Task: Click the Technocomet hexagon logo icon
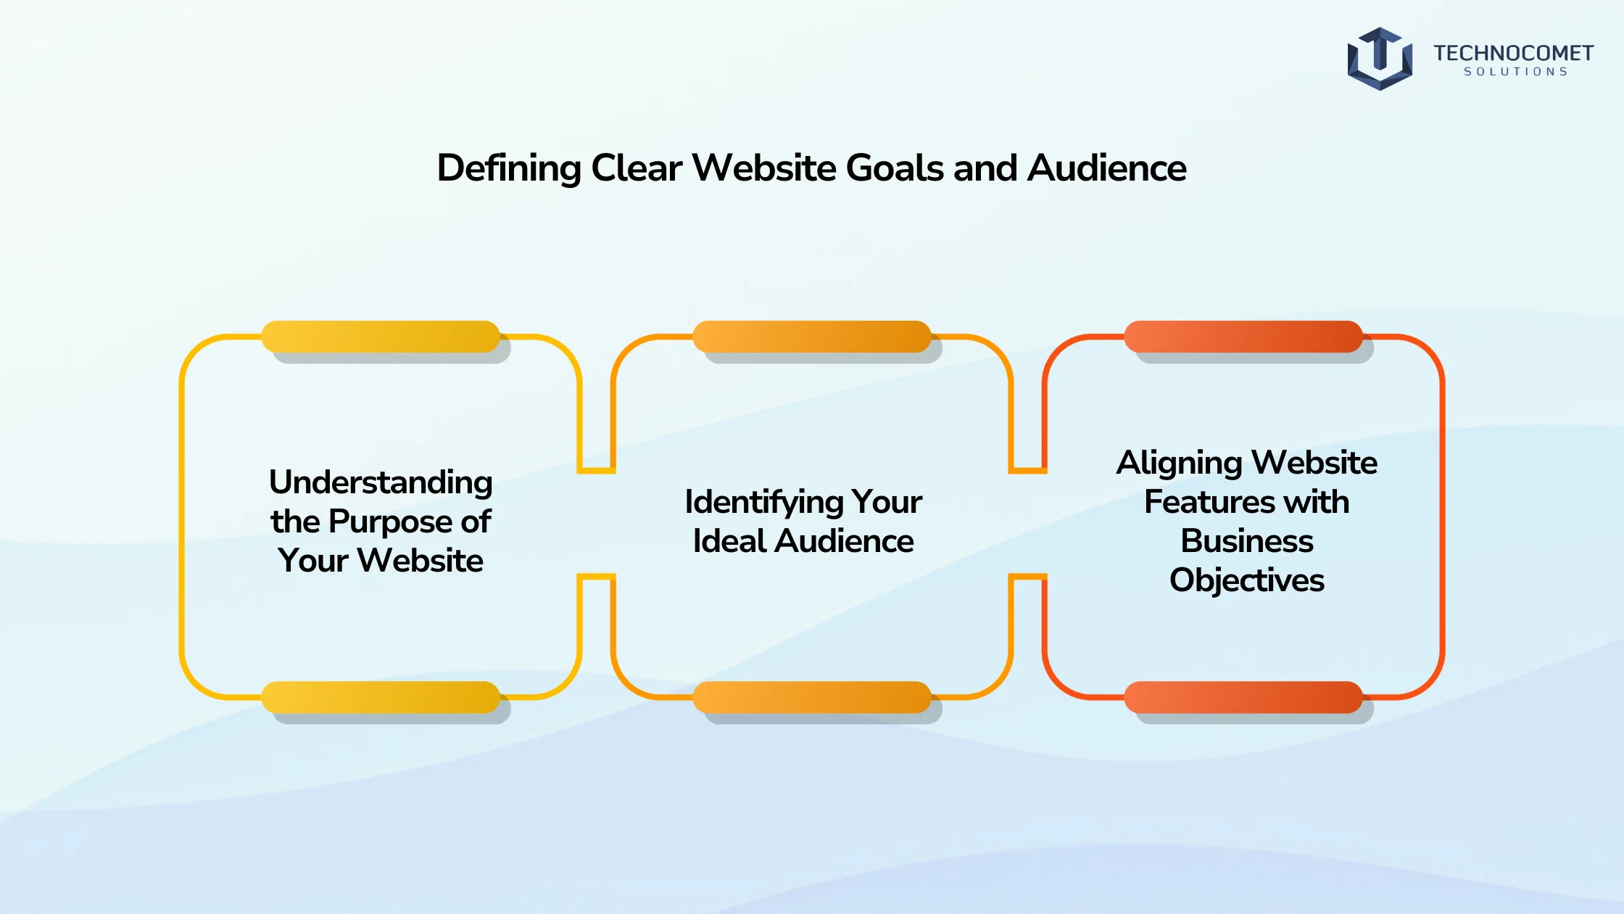(1380, 59)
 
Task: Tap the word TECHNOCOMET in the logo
(1513, 53)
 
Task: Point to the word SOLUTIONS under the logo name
(1515, 72)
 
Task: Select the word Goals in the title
(895, 168)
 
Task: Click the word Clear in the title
(637, 168)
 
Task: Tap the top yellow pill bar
(381, 337)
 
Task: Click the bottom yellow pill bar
(381, 697)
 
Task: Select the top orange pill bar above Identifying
(812, 337)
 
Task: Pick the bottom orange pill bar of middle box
(812, 697)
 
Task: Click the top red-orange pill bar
(1243, 337)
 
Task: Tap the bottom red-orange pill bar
(1243, 697)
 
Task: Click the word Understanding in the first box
(381, 483)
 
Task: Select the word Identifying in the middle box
(763, 503)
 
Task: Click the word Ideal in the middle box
(729, 541)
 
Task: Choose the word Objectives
(1247, 581)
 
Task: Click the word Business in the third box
(1247, 541)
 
